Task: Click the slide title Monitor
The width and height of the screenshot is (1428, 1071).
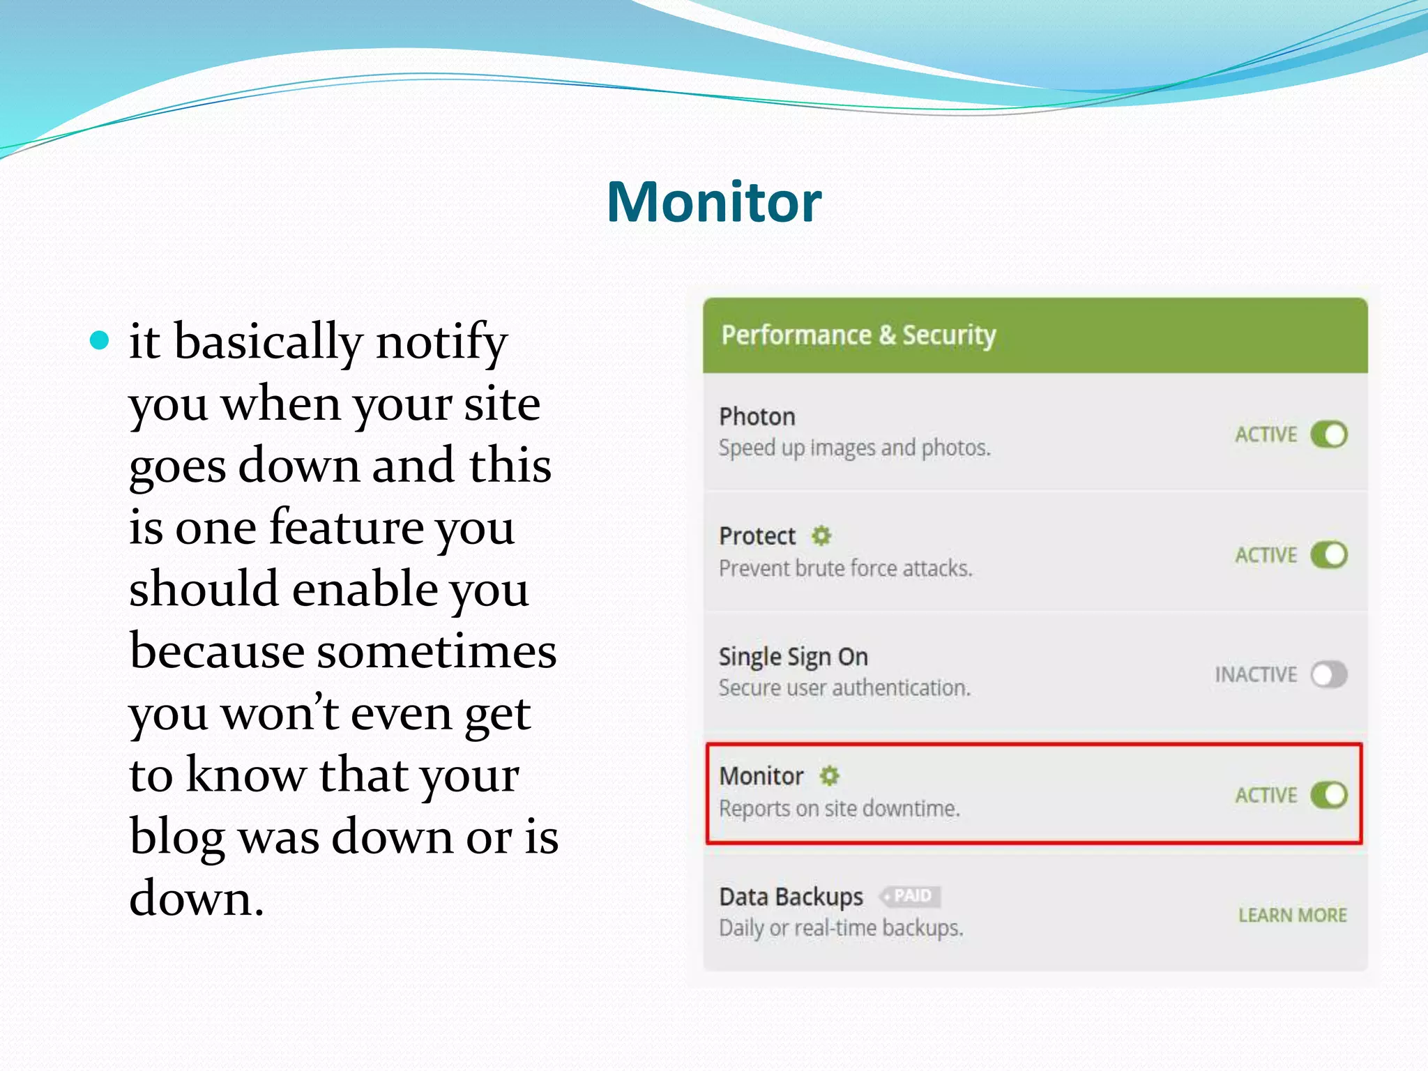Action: [714, 202]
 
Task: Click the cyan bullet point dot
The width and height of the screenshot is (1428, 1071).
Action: [100, 340]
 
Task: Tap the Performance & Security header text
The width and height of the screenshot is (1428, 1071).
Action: [858, 335]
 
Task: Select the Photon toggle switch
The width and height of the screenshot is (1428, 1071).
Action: [1328, 434]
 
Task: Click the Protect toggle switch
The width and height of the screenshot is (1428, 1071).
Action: [1328, 555]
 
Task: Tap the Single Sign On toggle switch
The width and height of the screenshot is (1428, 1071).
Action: [1328, 674]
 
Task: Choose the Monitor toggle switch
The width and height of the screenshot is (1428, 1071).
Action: [1328, 795]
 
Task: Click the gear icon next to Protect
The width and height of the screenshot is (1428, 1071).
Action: [821, 535]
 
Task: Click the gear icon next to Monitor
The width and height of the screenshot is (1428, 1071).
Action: [829, 775]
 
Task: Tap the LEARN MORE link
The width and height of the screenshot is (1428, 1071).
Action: [1292, 915]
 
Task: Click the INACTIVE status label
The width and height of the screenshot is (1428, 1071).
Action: [1256, 674]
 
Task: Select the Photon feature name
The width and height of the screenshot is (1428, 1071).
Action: [757, 417]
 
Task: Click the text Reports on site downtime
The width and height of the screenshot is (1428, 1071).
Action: [840, 809]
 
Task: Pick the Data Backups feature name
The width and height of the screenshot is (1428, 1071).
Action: [791, 897]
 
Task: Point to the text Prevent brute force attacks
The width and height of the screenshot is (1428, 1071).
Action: [845, 569]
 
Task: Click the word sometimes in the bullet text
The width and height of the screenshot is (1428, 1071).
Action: [436, 651]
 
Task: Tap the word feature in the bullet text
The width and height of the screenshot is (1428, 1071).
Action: [347, 527]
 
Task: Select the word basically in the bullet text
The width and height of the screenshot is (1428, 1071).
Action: [268, 342]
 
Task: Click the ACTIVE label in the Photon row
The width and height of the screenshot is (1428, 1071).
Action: [1266, 434]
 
